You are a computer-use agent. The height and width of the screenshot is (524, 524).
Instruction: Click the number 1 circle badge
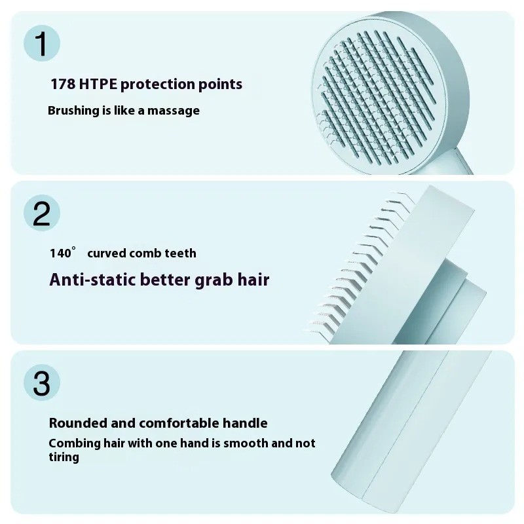(x=41, y=44)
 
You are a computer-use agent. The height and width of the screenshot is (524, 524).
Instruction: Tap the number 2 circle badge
(x=41, y=214)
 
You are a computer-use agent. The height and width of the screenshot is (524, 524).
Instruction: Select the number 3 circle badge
(x=41, y=383)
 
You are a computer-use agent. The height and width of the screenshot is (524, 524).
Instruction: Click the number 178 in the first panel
(x=63, y=84)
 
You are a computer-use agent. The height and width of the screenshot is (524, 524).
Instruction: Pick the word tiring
(x=64, y=457)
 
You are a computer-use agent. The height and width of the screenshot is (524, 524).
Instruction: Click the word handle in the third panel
(x=248, y=423)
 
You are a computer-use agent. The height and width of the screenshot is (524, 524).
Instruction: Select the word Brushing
(x=73, y=111)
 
